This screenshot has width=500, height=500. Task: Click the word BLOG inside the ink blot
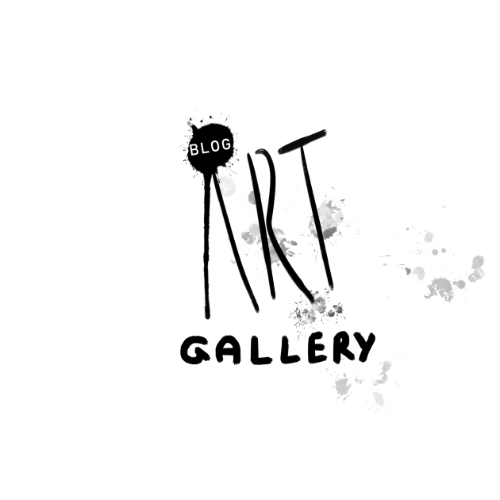click(210, 147)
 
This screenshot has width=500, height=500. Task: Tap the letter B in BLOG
click(194, 150)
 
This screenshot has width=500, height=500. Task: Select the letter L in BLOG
click(204, 148)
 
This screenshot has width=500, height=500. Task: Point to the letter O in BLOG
click(215, 146)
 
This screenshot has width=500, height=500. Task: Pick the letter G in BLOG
click(226, 144)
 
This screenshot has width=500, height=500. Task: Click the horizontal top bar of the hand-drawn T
click(302, 141)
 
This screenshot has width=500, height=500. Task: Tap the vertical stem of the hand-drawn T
click(317, 217)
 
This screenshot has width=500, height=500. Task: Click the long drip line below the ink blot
click(207, 245)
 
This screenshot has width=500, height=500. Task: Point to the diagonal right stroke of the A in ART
click(235, 242)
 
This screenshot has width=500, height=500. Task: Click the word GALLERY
click(278, 348)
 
